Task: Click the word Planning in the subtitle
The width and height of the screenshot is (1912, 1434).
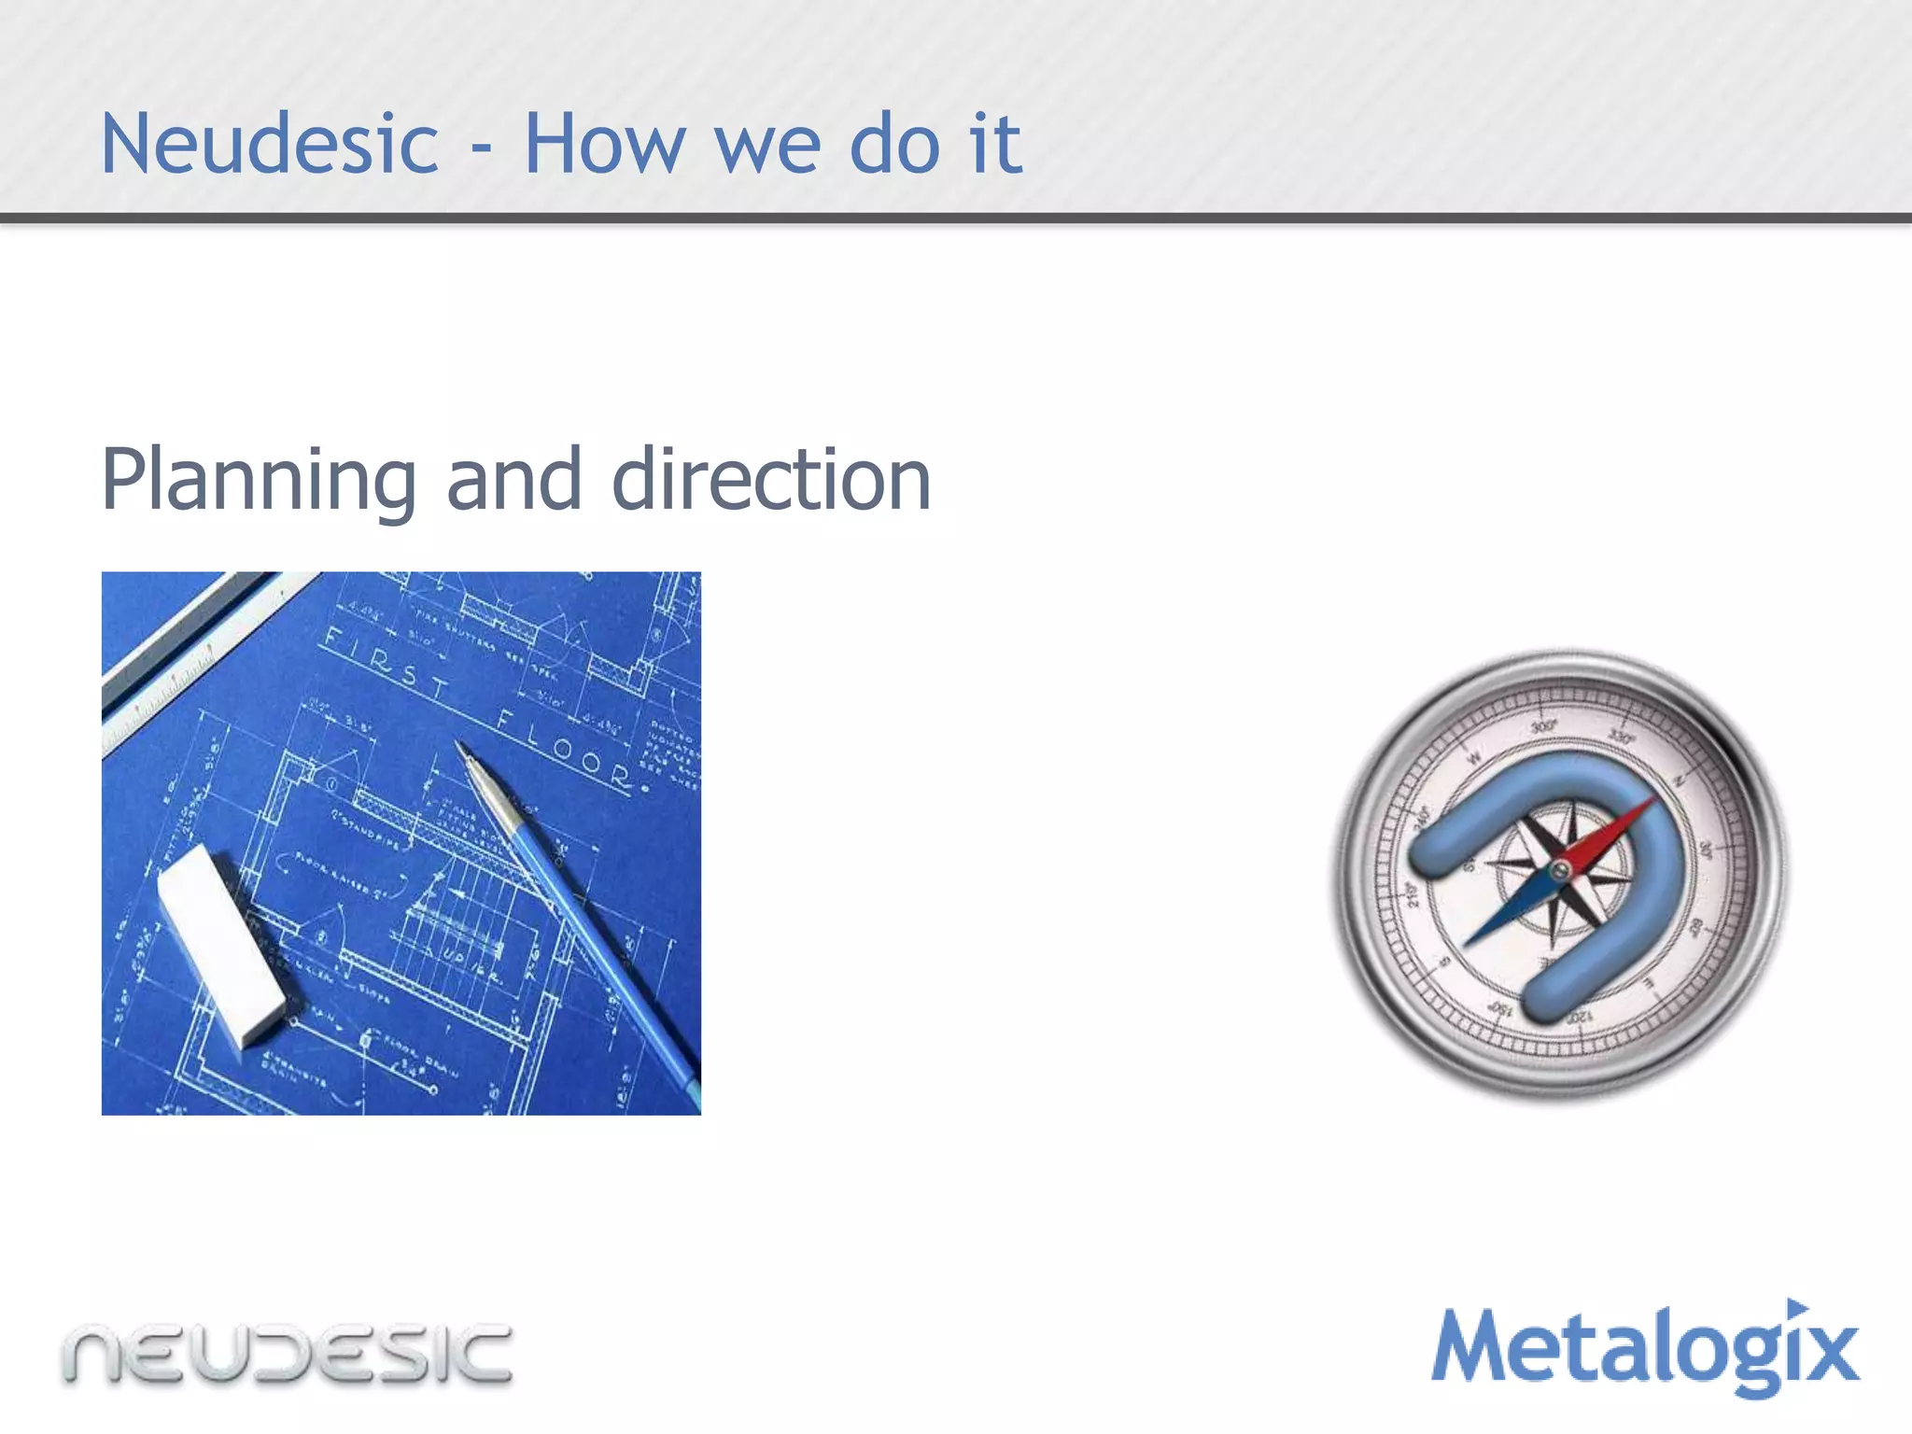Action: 258,480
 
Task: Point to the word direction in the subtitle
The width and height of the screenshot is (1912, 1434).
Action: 771,480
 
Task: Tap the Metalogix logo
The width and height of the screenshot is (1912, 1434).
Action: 1645,1350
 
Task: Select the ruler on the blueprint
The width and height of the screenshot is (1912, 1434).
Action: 187,654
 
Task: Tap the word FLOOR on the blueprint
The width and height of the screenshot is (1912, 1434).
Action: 566,747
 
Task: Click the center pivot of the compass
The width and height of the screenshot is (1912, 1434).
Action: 1559,872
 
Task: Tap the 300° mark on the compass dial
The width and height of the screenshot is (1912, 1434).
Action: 1543,726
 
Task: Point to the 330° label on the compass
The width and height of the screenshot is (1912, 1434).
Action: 1621,738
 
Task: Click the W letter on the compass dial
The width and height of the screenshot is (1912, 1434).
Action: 1474,758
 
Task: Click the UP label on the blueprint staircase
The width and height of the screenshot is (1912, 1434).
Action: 457,956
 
